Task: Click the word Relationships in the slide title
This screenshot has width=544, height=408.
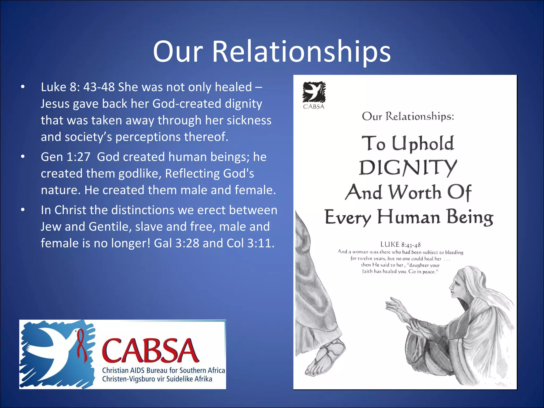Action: point(301,52)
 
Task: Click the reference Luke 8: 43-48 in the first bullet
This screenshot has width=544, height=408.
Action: point(78,87)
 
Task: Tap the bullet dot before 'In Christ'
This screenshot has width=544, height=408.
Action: point(23,210)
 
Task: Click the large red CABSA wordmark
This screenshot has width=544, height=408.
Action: point(150,351)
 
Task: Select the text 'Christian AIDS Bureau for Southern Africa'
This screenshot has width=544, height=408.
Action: point(163,370)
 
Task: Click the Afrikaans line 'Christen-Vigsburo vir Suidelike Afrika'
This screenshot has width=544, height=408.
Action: point(157,379)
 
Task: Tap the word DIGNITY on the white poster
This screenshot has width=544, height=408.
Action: point(408,168)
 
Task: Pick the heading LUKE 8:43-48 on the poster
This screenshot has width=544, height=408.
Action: point(400,244)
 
